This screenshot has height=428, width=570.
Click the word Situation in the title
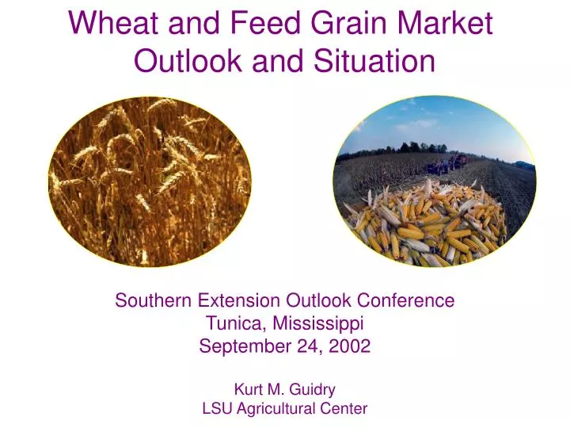[370, 60]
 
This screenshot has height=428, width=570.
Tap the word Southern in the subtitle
[154, 301]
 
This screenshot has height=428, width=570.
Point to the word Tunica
[232, 323]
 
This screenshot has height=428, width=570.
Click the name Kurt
[247, 390]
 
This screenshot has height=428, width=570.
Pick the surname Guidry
[313, 390]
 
